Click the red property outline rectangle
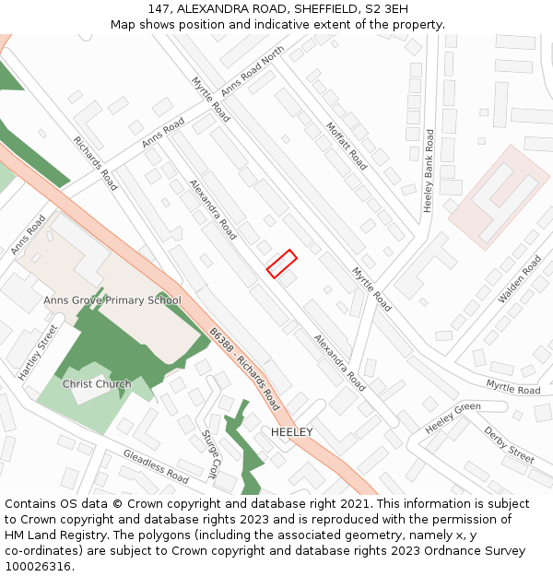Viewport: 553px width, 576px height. [281, 264]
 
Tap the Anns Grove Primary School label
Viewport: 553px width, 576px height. [112, 300]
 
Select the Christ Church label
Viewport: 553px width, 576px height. [97, 384]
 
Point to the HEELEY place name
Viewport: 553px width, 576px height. [292, 432]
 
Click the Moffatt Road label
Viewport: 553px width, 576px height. [347, 147]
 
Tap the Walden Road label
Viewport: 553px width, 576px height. [520, 279]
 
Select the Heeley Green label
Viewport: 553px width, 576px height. [453, 418]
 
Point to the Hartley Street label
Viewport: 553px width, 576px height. [38, 352]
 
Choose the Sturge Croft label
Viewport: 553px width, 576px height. [210, 453]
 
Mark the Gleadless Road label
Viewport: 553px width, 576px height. [156, 466]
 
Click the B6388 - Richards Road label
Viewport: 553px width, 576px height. [243, 369]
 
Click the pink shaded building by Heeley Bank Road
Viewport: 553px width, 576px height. [499, 196]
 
